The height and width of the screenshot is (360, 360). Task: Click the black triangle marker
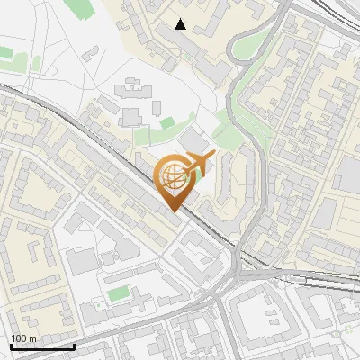[181, 24]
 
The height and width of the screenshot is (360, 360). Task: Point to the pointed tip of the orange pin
[173, 212]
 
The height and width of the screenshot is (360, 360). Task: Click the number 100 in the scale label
[19, 337]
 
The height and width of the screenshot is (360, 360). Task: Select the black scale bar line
[41, 346]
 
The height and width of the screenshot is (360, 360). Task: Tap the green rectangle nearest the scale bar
[118, 293]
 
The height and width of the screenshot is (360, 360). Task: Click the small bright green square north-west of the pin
[167, 122]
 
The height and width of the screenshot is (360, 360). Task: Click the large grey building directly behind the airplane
[195, 141]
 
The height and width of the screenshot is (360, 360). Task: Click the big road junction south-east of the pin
[238, 270]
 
